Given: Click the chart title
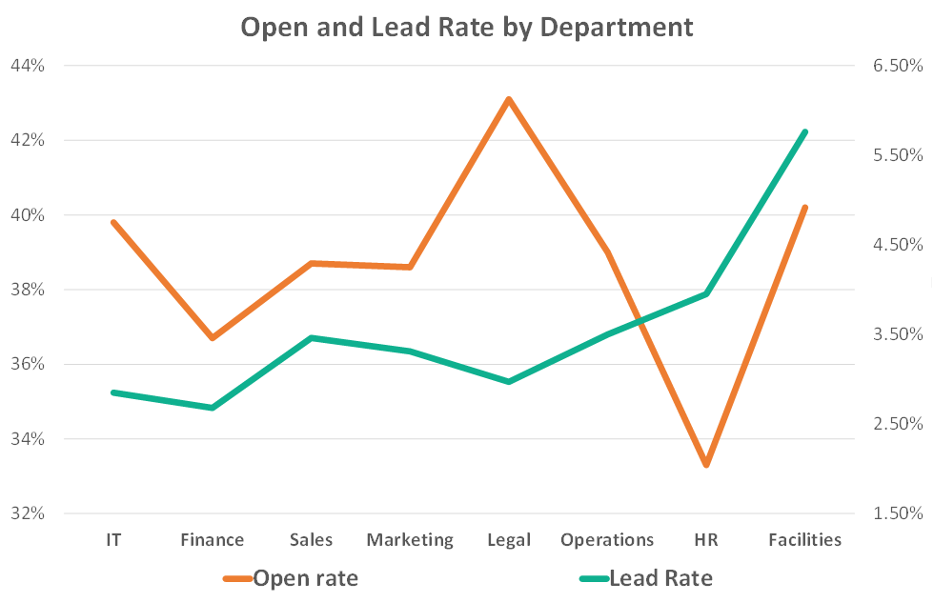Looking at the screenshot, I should tap(467, 27).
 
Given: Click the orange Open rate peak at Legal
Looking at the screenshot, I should tap(509, 99).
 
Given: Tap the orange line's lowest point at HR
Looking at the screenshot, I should tap(706, 465).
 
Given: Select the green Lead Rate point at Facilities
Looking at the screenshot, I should tap(805, 132).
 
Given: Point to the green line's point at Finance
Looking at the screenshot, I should tap(212, 408).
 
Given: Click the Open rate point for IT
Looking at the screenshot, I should tap(113, 222).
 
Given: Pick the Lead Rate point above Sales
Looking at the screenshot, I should tap(311, 338).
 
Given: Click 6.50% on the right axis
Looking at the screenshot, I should tap(896, 66).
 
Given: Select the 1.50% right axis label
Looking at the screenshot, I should tap(896, 513).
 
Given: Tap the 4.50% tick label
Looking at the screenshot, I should tap(896, 245).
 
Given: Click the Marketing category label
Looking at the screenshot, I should tap(410, 540).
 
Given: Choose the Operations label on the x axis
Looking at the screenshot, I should tap(607, 540).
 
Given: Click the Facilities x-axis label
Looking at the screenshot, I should tap(805, 540).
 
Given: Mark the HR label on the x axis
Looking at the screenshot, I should tap(706, 540).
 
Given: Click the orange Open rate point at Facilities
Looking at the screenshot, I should tap(805, 207).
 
